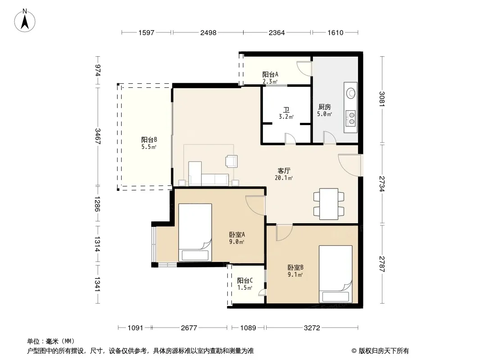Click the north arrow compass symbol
click(25, 21)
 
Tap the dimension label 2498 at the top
click(208, 32)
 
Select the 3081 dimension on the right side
click(382, 99)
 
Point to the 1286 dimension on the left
click(97, 204)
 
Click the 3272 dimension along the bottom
click(312, 328)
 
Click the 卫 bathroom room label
click(286, 109)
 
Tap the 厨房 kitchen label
click(325, 107)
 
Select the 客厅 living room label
click(284, 171)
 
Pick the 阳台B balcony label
click(149, 140)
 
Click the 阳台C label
click(245, 280)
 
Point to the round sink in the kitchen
click(351, 93)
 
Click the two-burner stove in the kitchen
click(351, 118)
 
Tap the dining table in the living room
click(329, 204)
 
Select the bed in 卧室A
click(195, 233)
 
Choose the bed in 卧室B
click(335, 274)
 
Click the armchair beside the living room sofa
click(231, 161)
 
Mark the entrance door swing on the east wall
click(350, 165)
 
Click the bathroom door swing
click(290, 138)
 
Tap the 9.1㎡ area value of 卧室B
click(295, 274)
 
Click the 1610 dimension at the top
click(335, 32)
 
